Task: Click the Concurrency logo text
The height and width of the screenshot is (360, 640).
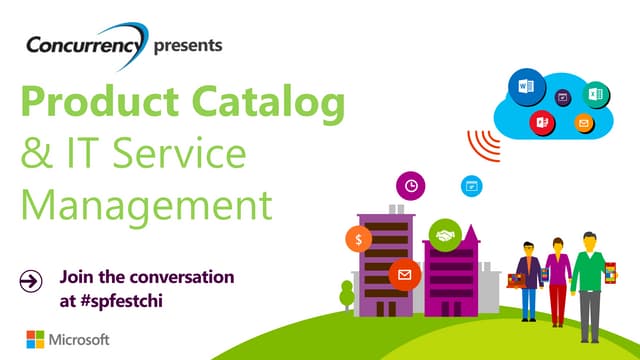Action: pos(85,46)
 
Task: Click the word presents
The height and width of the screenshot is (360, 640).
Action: pos(189,45)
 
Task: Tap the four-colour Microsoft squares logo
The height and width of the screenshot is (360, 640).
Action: pos(33,339)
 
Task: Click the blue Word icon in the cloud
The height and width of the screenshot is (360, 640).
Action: pos(524,85)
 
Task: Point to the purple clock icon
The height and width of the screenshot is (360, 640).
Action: pos(410,185)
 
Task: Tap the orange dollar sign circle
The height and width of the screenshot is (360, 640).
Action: pos(357,239)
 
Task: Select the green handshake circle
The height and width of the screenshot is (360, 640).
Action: pos(442,236)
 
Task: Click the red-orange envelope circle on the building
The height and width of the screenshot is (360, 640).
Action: pos(404,272)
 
